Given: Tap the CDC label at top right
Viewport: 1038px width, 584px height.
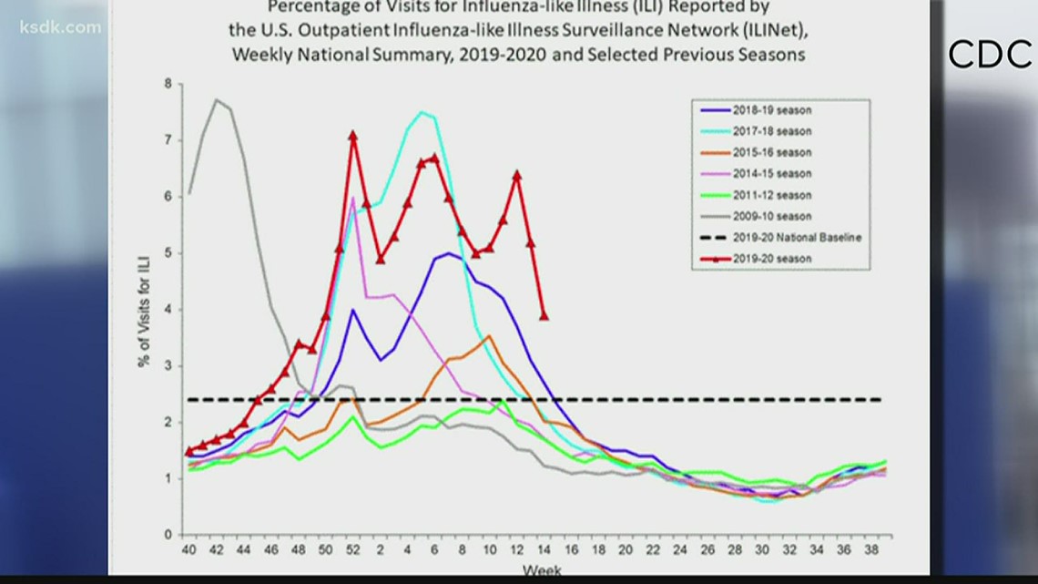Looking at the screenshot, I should [x=989, y=55].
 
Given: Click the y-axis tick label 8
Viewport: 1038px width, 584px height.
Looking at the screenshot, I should [x=168, y=84].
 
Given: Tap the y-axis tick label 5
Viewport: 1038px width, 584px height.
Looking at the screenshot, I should [x=168, y=253].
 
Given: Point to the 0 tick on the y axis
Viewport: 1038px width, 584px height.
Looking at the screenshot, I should [x=168, y=535].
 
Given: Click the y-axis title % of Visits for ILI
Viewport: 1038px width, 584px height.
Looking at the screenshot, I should [x=144, y=310].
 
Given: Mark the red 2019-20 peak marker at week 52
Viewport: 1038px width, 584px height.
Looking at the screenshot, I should [x=352, y=136].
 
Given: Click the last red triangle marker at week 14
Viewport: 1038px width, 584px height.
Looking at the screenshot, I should [x=544, y=315].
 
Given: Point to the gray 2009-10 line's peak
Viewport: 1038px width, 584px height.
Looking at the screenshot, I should [x=216, y=100].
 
